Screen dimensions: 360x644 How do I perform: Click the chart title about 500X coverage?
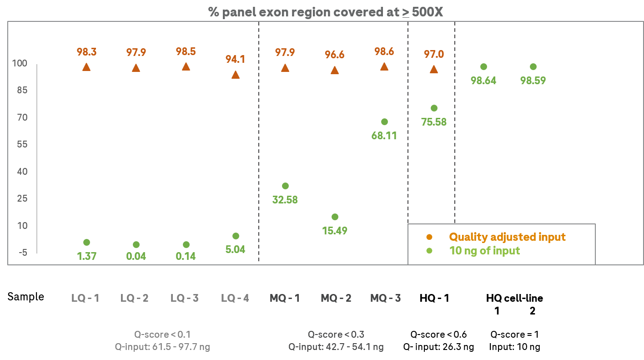pyautogui.click(x=326, y=12)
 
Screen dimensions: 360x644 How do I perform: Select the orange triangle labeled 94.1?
pyautogui.click(x=236, y=75)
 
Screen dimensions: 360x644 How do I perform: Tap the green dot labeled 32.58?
pyautogui.click(x=285, y=186)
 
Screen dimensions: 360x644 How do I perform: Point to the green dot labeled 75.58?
pyautogui.click(x=434, y=108)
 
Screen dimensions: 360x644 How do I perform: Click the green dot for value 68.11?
pyautogui.click(x=384, y=122)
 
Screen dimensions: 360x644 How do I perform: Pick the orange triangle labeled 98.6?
pyautogui.click(x=384, y=67)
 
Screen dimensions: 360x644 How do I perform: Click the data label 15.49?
pyautogui.click(x=335, y=231)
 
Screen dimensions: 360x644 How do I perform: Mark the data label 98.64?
pyautogui.click(x=483, y=81)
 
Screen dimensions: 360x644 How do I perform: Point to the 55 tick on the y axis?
pyautogui.click(x=21, y=145)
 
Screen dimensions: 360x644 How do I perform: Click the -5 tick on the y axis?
pyautogui.click(x=21, y=253)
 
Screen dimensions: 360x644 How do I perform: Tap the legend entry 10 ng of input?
pyautogui.click(x=484, y=251)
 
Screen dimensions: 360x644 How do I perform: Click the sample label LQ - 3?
pyautogui.click(x=185, y=299)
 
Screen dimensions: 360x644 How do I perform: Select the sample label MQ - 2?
pyautogui.click(x=336, y=299)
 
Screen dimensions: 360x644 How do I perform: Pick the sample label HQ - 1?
pyautogui.click(x=434, y=299)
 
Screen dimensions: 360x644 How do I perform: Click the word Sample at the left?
pyautogui.click(x=26, y=297)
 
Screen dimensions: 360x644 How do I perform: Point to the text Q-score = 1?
pyautogui.click(x=514, y=335)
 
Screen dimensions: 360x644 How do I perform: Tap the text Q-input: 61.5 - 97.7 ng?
pyautogui.click(x=163, y=347)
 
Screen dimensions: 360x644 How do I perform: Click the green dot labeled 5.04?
pyautogui.click(x=236, y=236)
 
